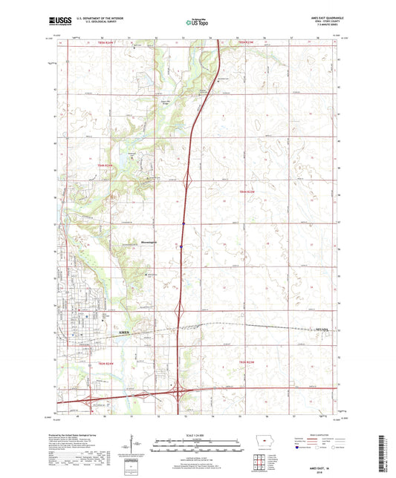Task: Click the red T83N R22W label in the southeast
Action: [x=252, y=362]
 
